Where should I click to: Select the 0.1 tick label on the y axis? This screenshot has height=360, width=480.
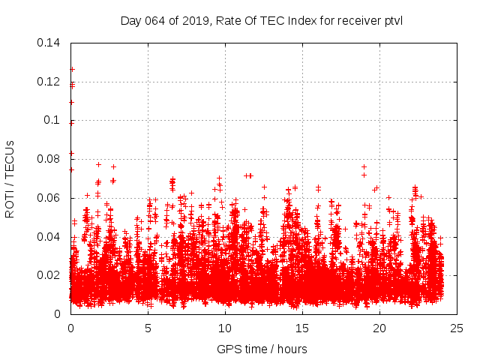coord(52,120)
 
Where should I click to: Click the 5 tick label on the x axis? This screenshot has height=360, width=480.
coord(148,328)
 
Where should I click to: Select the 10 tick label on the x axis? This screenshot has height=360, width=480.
coord(225,328)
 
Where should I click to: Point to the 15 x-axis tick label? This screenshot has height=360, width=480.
coord(302,328)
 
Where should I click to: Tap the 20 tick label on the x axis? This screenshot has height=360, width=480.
coord(379,328)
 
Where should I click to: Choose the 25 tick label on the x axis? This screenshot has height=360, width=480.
coord(457,328)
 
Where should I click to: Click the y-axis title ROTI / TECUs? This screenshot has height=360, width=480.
coord(10,178)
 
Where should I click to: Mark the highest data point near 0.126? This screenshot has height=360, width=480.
coord(72,69)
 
